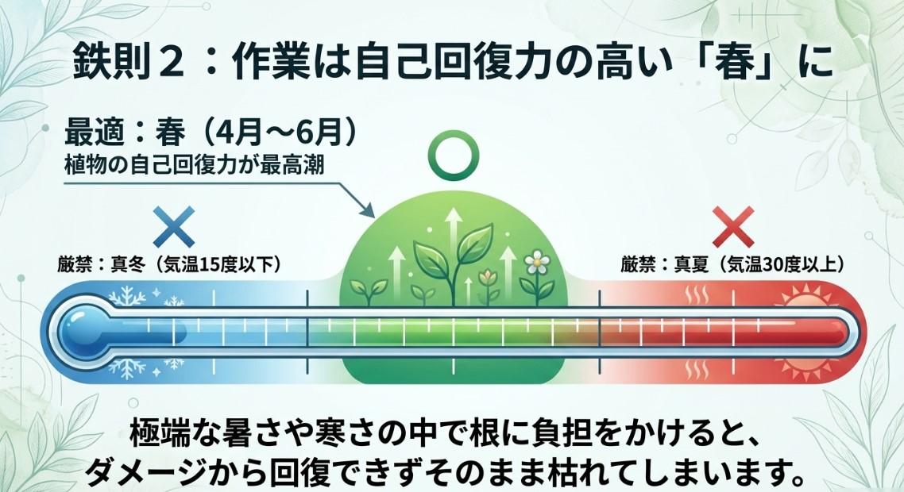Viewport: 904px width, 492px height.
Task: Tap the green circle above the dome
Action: (451, 153)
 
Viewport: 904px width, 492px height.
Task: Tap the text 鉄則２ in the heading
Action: (124, 61)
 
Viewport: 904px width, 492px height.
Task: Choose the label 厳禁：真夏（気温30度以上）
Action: (732, 263)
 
